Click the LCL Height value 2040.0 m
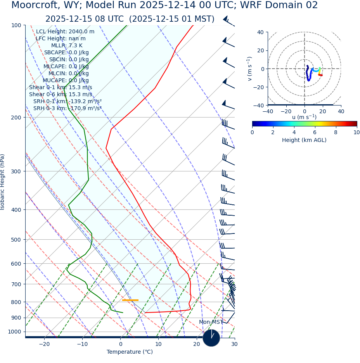click(x=81, y=31)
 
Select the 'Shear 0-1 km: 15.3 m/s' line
click(x=61, y=87)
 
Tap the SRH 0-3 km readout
click(x=67, y=108)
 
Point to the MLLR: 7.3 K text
click(x=70, y=45)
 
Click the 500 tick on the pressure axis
click(x=16, y=240)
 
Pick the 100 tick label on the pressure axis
click(x=16, y=25)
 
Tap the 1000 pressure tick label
click(x=14, y=332)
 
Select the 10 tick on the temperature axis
click(x=158, y=344)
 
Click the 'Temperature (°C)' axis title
click(x=130, y=352)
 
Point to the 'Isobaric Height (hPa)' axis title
click(x=3, y=182)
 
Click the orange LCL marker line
click(x=130, y=300)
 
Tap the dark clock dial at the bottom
click(x=211, y=338)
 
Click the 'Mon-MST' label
click(x=211, y=322)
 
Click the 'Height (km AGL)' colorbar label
click(x=304, y=140)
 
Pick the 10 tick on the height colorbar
click(x=356, y=132)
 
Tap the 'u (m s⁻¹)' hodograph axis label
click(x=304, y=117)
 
